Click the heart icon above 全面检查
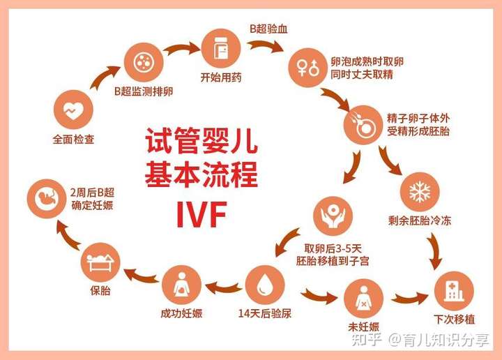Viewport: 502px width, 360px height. pos(73,110)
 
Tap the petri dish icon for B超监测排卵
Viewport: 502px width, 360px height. pos(144,62)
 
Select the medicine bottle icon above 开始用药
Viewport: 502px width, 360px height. pos(221,48)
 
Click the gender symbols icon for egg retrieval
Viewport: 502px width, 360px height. pos(308,68)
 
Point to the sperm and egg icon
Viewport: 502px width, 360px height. pos(363,125)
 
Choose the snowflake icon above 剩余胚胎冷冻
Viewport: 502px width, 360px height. pos(420,192)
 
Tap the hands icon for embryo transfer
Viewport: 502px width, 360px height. pos(333,216)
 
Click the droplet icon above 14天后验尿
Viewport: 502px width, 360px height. pos(265,285)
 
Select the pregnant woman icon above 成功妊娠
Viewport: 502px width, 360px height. pos(181,285)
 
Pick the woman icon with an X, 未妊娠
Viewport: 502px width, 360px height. pos(363,299)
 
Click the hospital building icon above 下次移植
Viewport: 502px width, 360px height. pos(454,291)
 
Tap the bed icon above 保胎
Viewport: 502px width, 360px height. pos(100,262)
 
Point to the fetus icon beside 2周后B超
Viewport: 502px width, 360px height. pos(47,199)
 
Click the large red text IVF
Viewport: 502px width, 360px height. pos(202,214)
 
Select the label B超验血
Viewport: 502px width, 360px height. pos(268,29)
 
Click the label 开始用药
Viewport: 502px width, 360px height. pos(221,77)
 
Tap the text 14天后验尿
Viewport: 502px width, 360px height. pos(265,313)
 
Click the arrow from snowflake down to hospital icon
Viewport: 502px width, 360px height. pos(436,250)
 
